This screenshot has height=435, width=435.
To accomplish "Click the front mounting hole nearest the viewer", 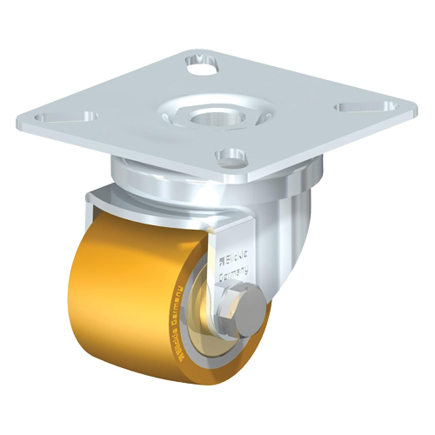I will pos(231,157).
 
